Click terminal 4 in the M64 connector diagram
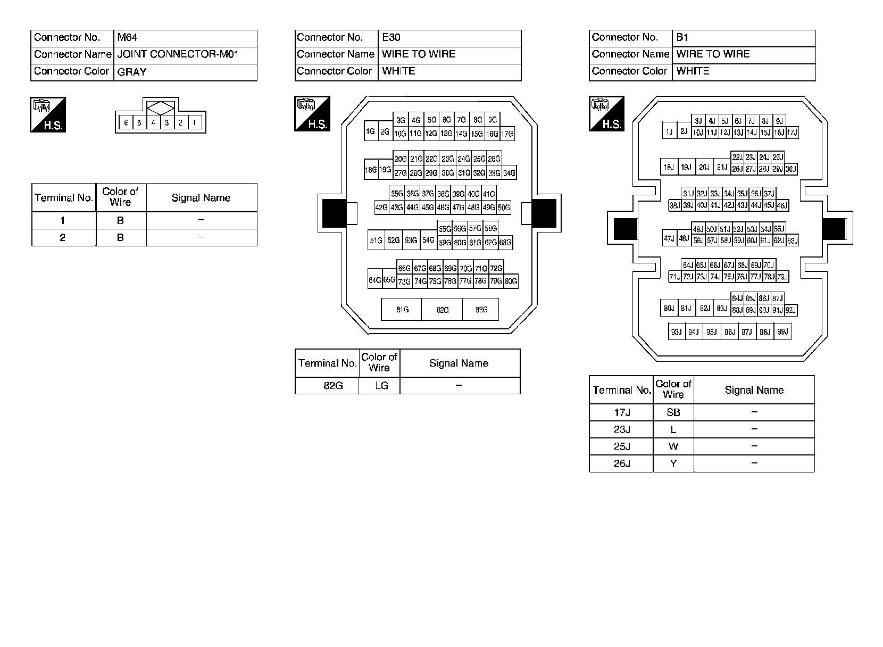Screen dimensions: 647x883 pyautogui.click(x=153, y=123)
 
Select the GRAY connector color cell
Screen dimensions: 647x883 pyautogui.click(x=185, y=72)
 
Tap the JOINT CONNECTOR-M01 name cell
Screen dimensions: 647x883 pyautogui.click(x=185, y=54)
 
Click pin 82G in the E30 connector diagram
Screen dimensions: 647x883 pyautogui.click(x=442, y=310)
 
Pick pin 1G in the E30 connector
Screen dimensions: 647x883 pyautogui.click(x=370, y=131)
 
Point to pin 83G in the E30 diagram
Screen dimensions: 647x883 pyautogui.click(x=481, y=310)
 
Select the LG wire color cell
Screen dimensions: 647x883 pyautogui.click(x=380, y=386)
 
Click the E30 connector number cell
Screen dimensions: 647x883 pyautogui.click(x=449, y=38)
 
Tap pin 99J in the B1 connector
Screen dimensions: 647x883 pyautogui.click(x=782, y=332)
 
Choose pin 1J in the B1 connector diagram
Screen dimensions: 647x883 pyautogui.click(x=669, y=132)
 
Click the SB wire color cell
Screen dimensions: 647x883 pyautogui.click(x=673, y=412)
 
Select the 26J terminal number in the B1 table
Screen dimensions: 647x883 pyautogui.click(x=621, y=463)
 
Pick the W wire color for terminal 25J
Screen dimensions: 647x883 pyautogui.click(x=673, y=446)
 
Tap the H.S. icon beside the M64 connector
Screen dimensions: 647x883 pyautogui.click(x=48, y=114)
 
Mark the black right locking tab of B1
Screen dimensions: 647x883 pyautogui.click(x=834, y=229)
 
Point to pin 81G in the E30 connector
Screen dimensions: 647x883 pyautogui.click(x=402, y=310)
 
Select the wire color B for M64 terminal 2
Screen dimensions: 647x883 pyautogui.click(x=121, y=237)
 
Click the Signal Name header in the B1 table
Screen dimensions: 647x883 pyautogui.click(x=754, y=390)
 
